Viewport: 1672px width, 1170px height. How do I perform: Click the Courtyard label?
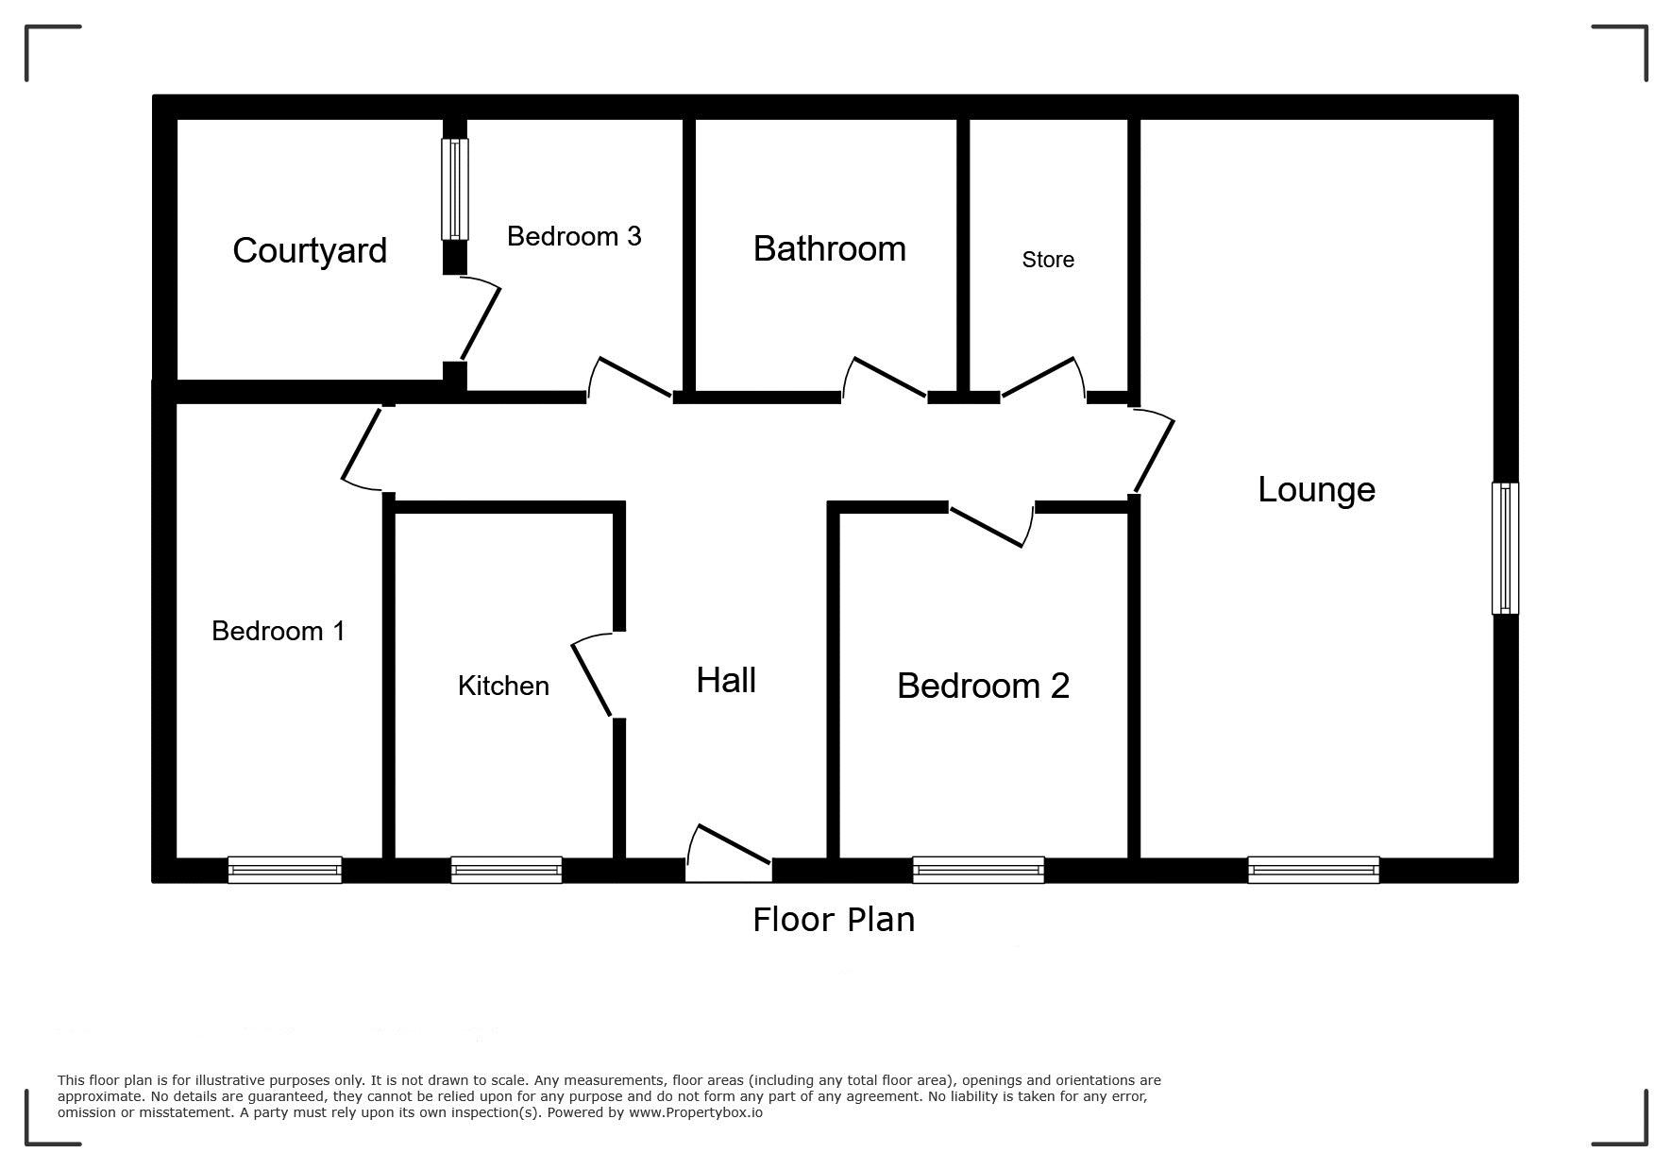click(310, 250)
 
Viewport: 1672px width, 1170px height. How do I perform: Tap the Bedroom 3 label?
click(574, 236)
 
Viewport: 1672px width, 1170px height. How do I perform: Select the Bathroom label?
click(830, 248)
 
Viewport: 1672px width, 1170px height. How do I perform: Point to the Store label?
click(1048, 260)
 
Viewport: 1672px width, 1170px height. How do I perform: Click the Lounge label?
click(1316, 489)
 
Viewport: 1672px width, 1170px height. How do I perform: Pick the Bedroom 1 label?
click(279, 631)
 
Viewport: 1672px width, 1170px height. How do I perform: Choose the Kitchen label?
click(503, 686)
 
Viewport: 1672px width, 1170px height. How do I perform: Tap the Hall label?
click(726, 680)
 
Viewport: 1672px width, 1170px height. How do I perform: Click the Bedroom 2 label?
click(983, 686)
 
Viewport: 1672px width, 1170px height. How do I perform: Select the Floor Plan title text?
click(834, 920)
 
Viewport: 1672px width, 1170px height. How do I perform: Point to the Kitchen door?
click(592, 675)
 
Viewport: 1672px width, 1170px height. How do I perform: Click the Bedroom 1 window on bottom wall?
click(284, 870)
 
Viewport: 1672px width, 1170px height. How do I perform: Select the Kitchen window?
click(506, 870)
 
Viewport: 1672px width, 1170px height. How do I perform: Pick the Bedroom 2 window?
click(978, 870)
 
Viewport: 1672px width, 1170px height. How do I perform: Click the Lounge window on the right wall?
click(1505, 548)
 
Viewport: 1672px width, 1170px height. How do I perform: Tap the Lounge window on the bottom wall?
click(1313, 870)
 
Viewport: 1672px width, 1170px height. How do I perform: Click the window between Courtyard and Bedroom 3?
click(455, 189)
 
